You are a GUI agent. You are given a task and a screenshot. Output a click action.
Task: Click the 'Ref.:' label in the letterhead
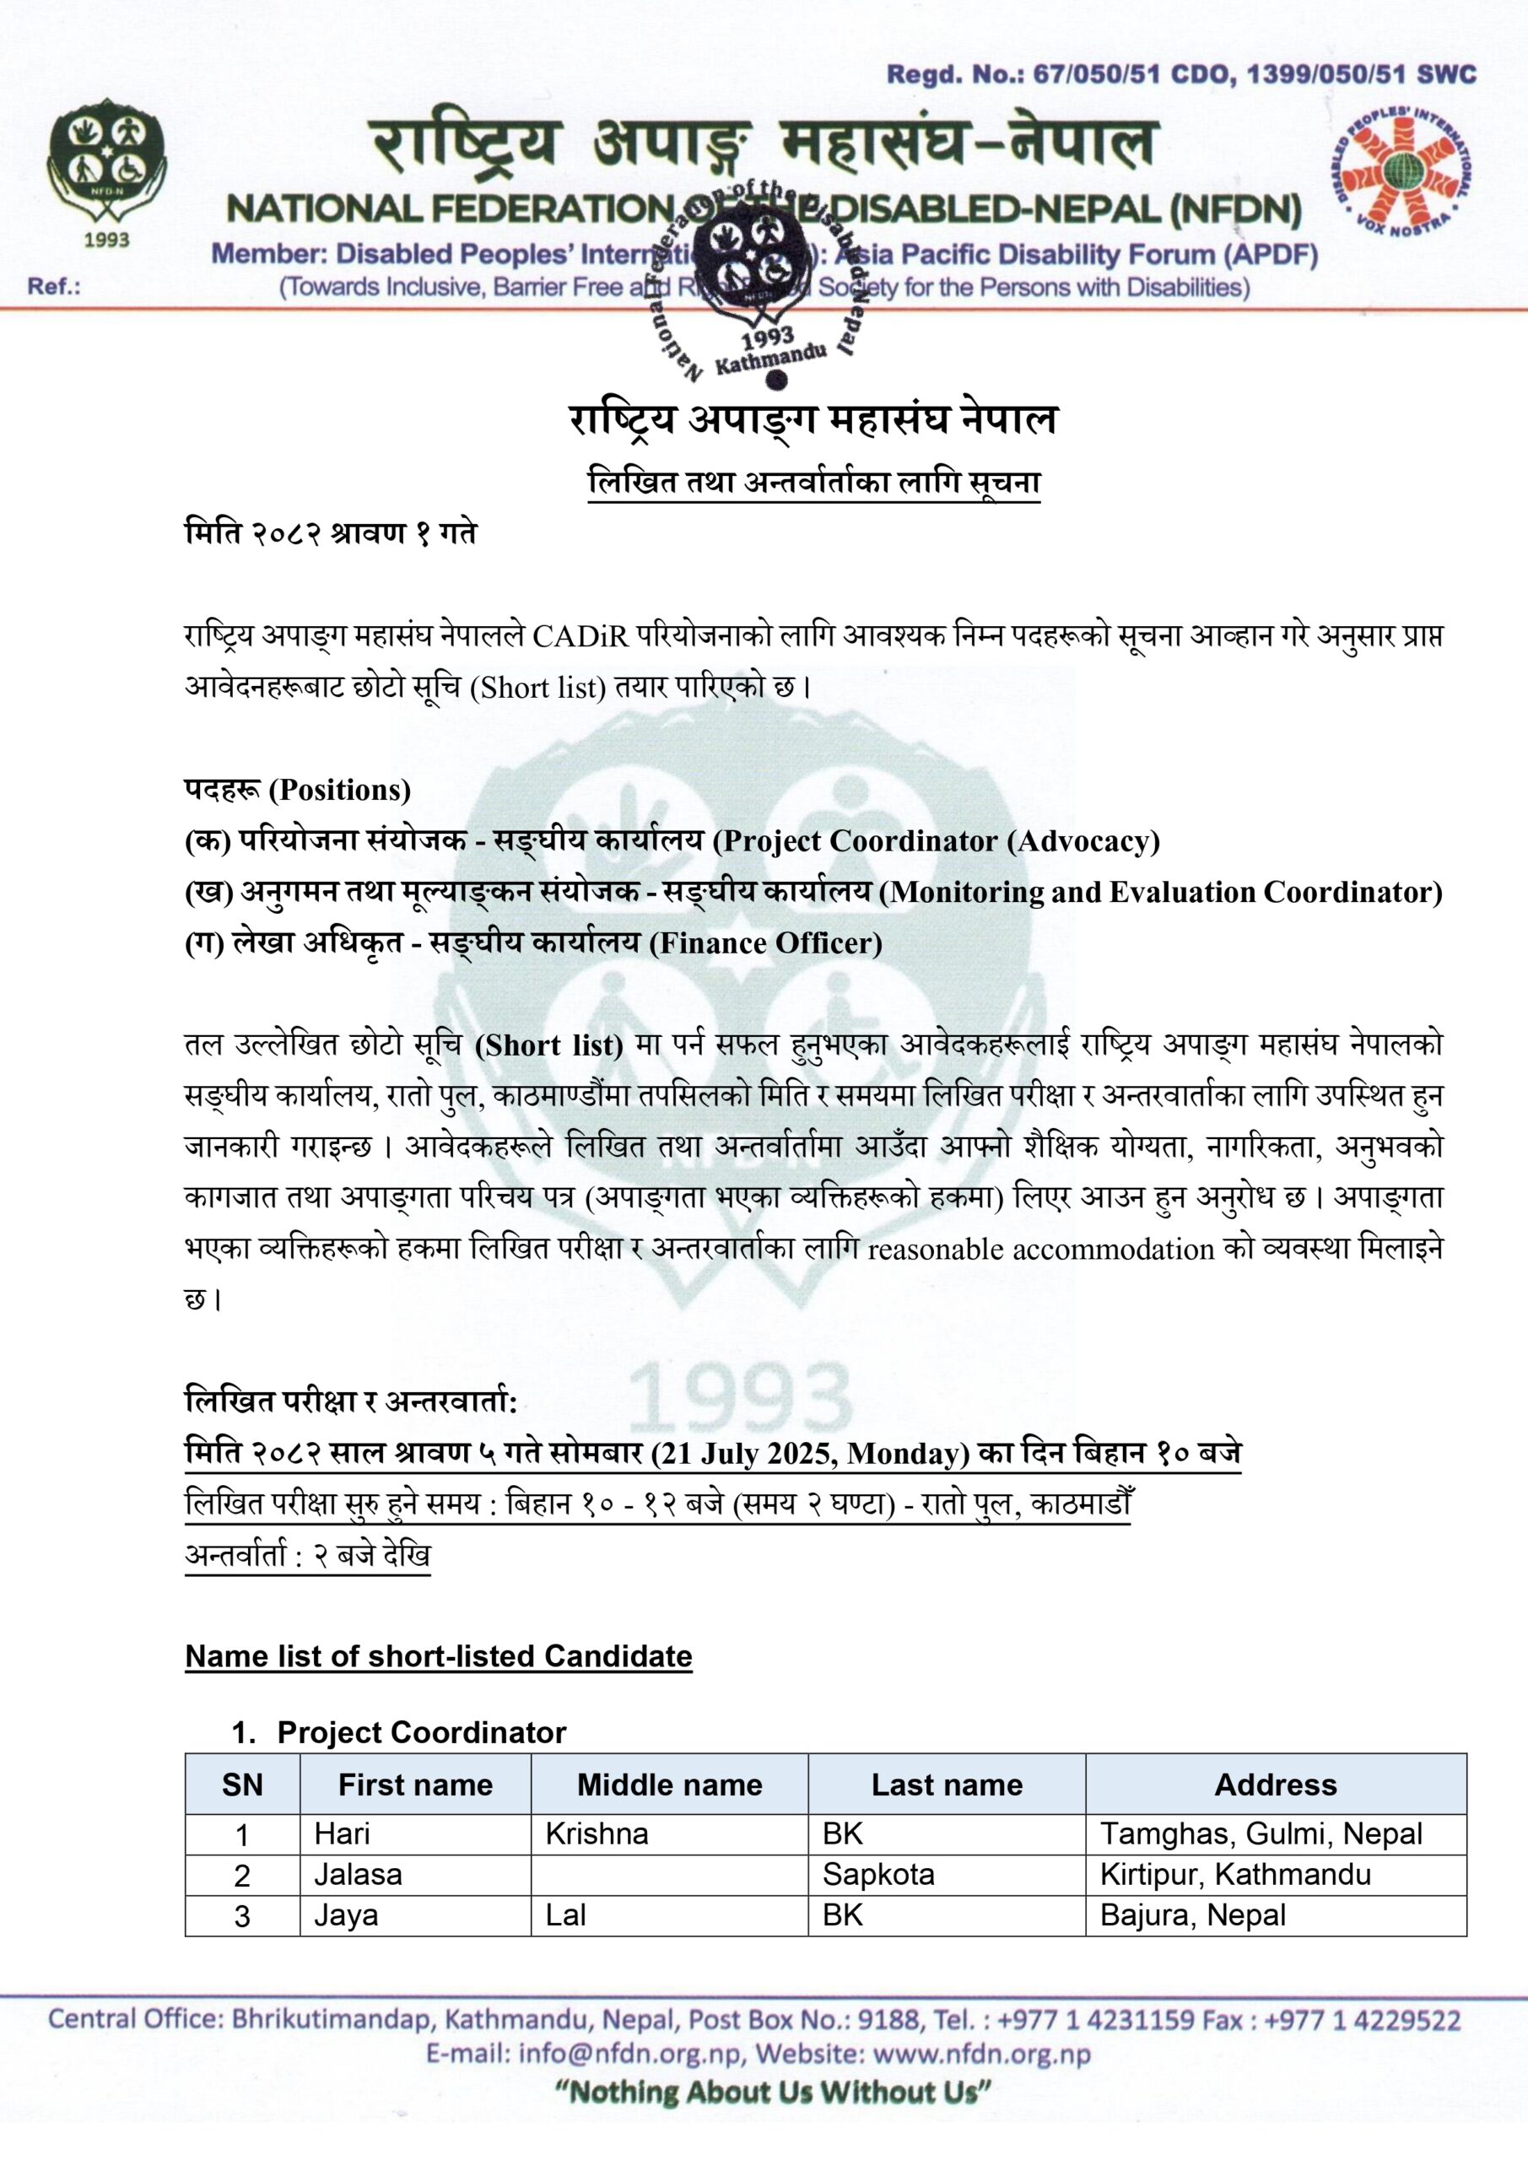(54, 287)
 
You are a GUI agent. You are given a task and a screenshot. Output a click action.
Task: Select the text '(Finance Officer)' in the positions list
(766, 942)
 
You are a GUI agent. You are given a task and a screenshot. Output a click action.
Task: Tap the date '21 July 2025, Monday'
(810, 1454)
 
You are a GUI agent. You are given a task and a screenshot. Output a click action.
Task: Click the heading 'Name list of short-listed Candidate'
(439, 1655)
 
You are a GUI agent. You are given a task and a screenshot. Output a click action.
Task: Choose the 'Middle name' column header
(669, 1785)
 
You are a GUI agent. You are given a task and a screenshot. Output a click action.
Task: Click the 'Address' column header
(1275, 1785)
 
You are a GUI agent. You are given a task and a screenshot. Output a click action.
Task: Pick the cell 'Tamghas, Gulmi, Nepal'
(1261, 1833)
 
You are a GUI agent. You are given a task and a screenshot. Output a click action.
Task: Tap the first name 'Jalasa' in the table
(358, 1874)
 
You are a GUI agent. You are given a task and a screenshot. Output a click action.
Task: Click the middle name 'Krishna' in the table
(597, 1833)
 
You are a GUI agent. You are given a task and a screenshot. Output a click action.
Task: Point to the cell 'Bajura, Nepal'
(1192, 1914)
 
